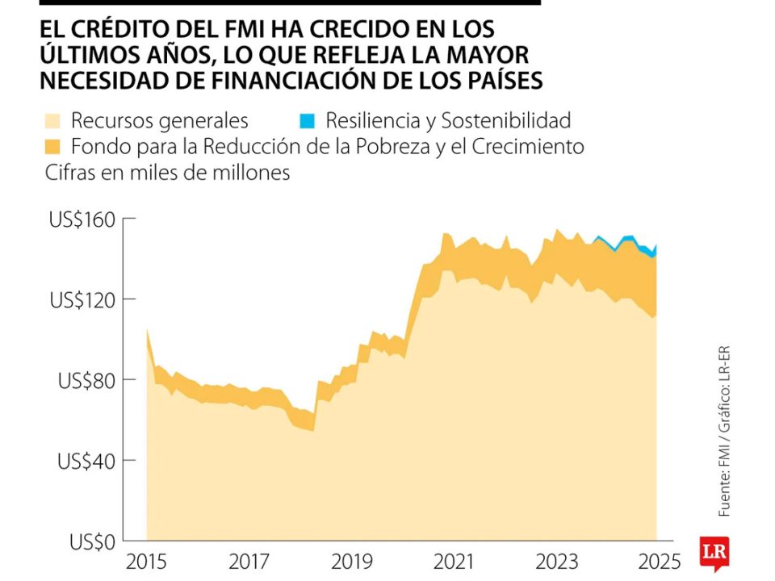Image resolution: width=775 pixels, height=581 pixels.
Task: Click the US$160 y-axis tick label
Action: (x=82, y=219)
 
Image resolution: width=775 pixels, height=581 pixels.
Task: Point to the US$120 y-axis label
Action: (x=82, y=300)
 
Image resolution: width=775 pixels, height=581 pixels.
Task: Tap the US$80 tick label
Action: (x=86, y=380)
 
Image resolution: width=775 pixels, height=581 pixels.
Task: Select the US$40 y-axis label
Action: (x=86, y=461)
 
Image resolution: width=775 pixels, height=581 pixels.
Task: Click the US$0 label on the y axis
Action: (x=91, y=541)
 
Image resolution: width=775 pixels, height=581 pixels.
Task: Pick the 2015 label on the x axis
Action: (x=145, y=560)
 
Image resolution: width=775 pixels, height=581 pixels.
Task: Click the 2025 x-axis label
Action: (x=656, y=560)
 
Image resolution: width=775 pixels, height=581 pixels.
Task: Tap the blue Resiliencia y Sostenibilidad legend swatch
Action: (x=307, y=121)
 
